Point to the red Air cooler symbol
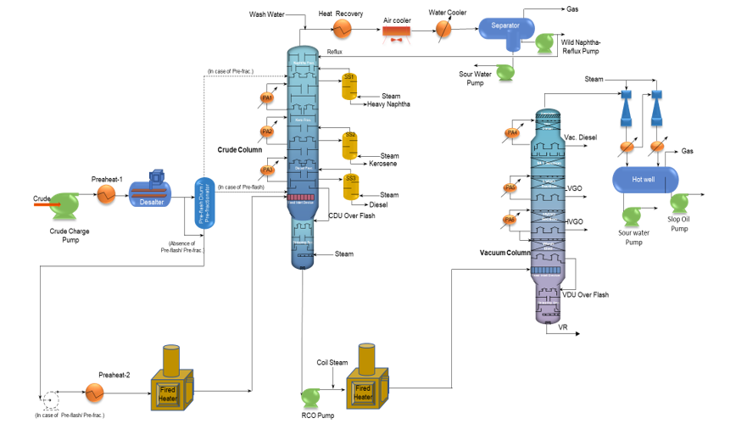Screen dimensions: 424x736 tap(397, 32)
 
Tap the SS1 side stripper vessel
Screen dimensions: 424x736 tap(349, 86)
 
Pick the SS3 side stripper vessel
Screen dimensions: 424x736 tap(349, 185)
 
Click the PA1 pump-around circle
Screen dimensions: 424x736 tap(267, 99)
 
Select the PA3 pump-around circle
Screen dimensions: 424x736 tap(268, 170)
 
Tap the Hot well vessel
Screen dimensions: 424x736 tap(645, 179)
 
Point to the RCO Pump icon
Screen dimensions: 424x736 tap(315, 396)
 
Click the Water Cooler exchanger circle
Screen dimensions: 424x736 tap(444, 28)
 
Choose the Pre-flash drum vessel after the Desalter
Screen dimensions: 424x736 tap(204, 202)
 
